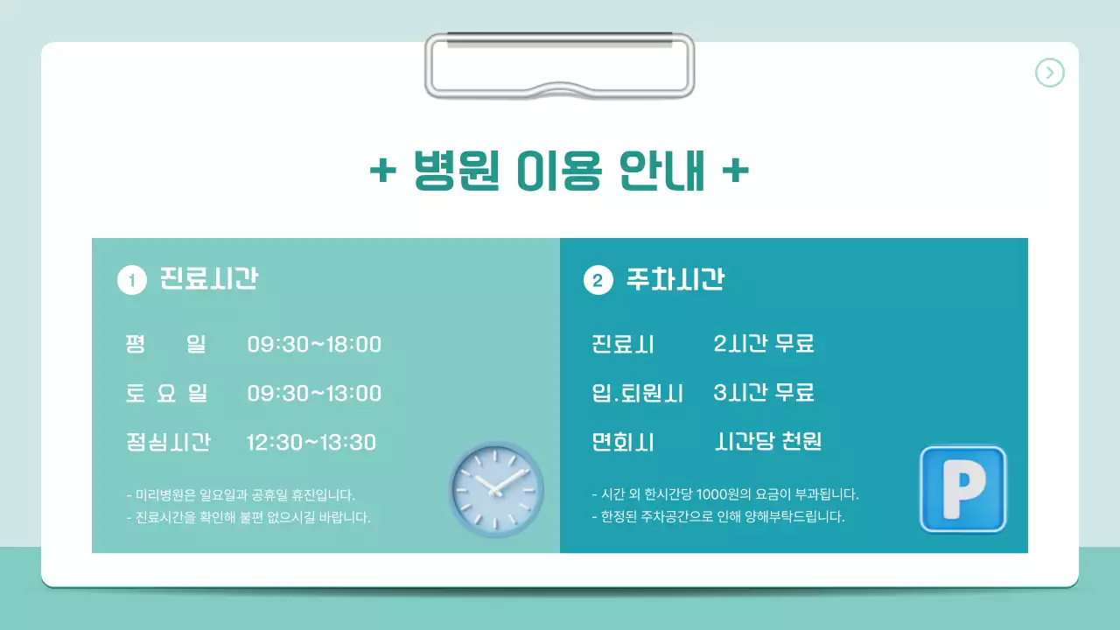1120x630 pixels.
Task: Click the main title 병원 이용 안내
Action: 559,171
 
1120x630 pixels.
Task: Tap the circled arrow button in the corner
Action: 1049,73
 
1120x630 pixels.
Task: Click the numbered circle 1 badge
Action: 131,281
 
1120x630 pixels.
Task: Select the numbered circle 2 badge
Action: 598,281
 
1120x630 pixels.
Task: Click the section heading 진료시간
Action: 208,279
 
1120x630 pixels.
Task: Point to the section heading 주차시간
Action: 675,279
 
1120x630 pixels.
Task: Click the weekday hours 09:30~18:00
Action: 314,345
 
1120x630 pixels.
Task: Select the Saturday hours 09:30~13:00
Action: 314,394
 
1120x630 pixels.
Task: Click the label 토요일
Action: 166,394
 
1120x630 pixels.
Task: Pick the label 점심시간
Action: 168,442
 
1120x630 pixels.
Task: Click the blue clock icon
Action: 496,488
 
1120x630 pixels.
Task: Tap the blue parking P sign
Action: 962,489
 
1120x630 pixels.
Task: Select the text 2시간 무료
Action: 764,344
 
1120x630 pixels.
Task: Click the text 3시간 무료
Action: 764,393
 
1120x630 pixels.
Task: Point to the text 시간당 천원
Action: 768,442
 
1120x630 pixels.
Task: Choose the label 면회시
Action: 623,442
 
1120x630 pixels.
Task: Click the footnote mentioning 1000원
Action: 725,494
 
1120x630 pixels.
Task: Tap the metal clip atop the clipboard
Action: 559,66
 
